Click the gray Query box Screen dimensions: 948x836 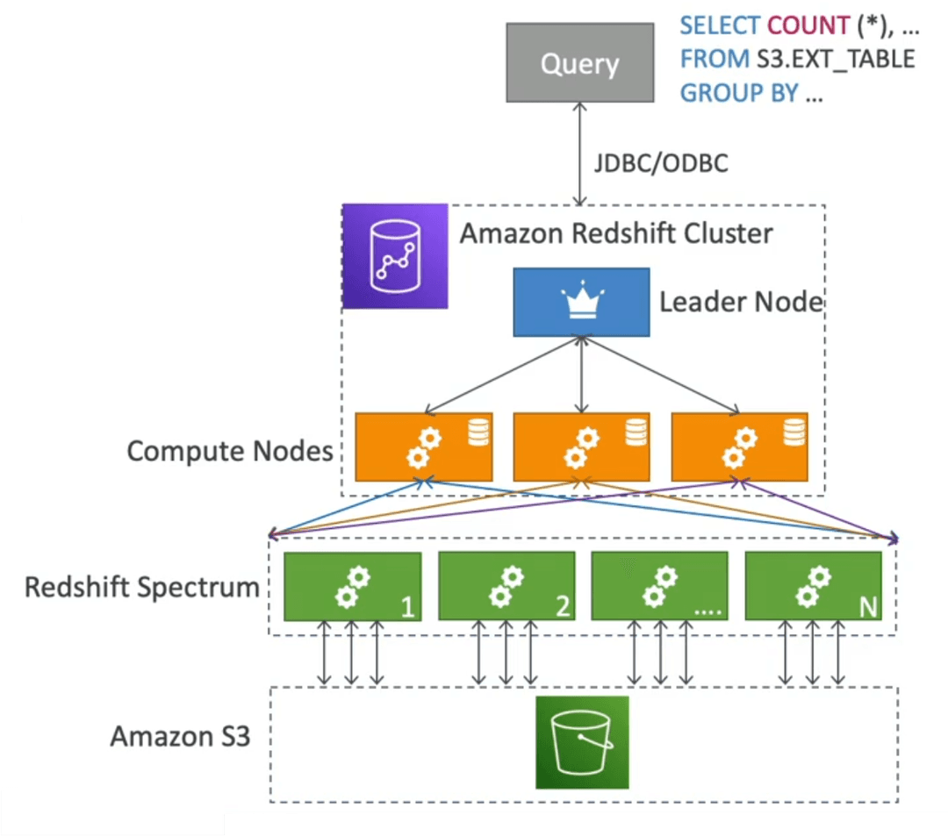click(x=580, y=62)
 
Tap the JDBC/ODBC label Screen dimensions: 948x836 click(x=661, y=163)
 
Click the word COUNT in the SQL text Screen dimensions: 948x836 click(x=808, y=25)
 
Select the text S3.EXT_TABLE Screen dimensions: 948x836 click(x=836, y=59)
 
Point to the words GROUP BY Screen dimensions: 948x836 click(x=739, y=93)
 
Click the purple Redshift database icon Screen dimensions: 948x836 click(x=395, y=256)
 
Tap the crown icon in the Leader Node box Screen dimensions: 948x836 click(x=582, y=300)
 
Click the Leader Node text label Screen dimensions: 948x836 click(x=741, y=302)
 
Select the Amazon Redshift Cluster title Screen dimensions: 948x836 click(x=616, y=233)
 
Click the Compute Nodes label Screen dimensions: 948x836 click(x=230, y=451)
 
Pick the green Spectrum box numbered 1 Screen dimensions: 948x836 click(x=353, y=586)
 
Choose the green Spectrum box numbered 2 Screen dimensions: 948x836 click(x=506, y=586)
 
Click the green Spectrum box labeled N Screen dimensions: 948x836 click(x=813, y=586)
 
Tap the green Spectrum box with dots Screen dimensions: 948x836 click(x=659, y=586)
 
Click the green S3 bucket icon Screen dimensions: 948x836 click(x=582, y=742)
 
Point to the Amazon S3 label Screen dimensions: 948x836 click(x=180, y=736)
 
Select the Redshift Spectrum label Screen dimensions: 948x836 click(x=142, y=587)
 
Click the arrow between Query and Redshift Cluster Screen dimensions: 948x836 click(x=580, y=154)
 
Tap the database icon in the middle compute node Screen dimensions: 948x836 click(x=636, y=432)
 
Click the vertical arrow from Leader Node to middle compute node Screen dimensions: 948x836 click(x=582, y=375)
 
